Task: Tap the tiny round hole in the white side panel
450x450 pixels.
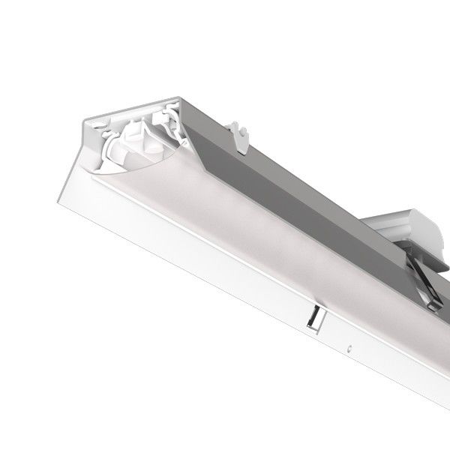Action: point(350,348)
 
